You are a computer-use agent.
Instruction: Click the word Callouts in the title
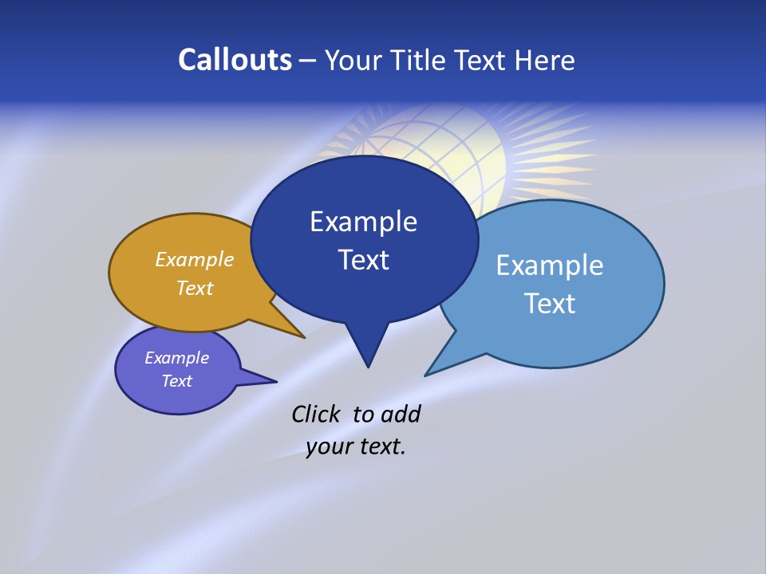(x=235, y=60)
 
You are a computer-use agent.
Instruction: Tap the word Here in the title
(x=544, y=60)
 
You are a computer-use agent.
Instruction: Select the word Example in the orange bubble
(x=195, y=259)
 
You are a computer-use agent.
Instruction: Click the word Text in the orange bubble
(x=195, y=288)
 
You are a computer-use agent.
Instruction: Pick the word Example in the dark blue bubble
(x=363, y=222)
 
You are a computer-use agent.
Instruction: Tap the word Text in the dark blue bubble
(x=363, y=260)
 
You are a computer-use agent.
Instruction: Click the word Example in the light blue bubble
(x=549, y=265)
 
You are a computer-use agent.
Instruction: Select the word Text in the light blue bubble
(x=549, y=304)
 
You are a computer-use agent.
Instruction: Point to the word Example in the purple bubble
(x=176, y=358)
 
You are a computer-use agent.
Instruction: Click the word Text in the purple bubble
(x=176, y=381)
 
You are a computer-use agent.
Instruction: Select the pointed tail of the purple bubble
(x=263, y=379)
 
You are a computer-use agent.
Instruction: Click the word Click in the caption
(x=317, y=414)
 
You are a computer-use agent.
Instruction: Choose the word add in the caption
(x=400, y=414)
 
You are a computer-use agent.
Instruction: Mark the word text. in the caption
(x=381, y=446)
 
